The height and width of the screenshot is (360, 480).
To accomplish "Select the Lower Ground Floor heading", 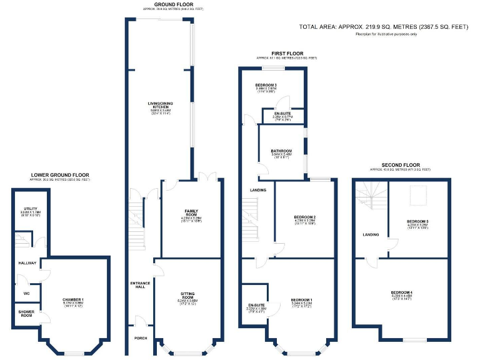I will point(60,175).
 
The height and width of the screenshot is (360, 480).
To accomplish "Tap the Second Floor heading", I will point(400,164).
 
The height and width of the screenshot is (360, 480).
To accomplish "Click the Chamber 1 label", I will point(73,300).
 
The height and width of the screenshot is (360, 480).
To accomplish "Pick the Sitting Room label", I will point(187,294).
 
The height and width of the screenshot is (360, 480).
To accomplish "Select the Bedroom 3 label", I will point(266,85).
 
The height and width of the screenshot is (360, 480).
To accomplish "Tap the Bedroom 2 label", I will point(304,217).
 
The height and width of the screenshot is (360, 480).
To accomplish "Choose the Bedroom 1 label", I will point(301,301).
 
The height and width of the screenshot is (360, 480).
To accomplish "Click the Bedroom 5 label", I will point(417,221).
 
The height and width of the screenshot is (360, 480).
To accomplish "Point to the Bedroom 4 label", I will point(401,292).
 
